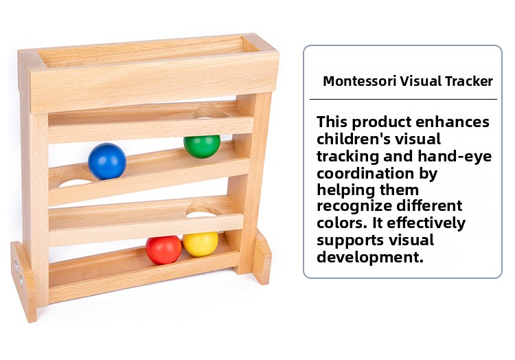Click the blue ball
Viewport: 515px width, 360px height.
[107, 161]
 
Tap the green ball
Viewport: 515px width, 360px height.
[202, 146]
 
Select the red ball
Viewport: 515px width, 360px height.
[163, 250]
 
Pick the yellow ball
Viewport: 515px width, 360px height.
[201, 245]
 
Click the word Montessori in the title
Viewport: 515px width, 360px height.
[360, 81]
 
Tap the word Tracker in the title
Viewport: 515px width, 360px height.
[469, 81]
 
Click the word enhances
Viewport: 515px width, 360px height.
[453, 122]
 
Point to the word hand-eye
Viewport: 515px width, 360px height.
[455, 157]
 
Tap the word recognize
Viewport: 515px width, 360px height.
[354, 206]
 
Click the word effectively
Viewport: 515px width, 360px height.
[426, 224]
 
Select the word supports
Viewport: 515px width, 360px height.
[350, 240]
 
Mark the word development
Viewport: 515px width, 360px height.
[370, 257]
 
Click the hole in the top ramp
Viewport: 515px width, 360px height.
[211, 113]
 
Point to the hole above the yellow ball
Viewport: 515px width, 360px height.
[202, 214]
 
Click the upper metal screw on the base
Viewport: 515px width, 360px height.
[16, 265]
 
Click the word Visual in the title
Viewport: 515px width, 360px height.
[421, 81]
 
